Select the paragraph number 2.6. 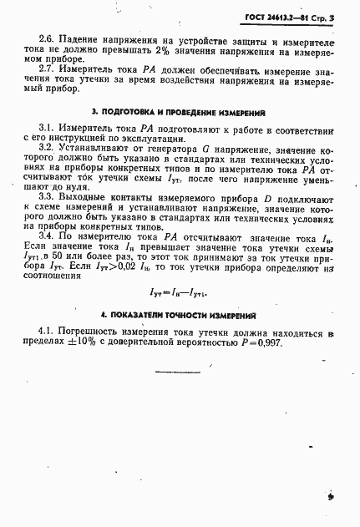pyautogui.click(x=47, y=40)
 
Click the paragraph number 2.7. pyautogui.click(x=47, y=73)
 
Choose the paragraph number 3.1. pyautogui.click(x=47, y=132)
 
